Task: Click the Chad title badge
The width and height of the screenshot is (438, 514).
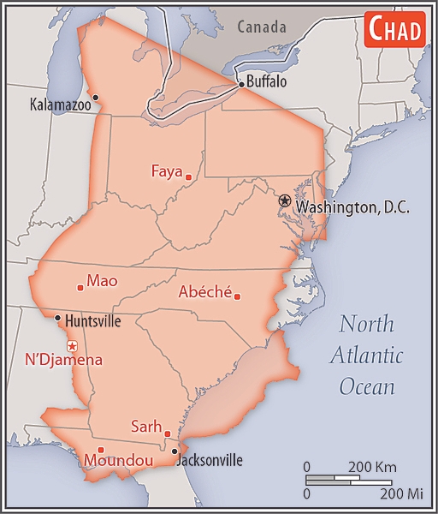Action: (x=395, y=30)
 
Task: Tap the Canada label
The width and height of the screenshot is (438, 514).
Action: (x=262, y=27)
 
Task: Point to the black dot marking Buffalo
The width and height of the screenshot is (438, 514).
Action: (x=240, y=84)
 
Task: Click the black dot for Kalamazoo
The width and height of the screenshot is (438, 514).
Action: (x=95, y=97)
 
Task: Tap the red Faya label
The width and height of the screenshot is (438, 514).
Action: (x=167, y=170)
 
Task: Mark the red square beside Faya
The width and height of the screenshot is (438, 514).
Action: (x=188, y=177)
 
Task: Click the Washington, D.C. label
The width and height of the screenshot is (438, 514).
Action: (x=352, y=207)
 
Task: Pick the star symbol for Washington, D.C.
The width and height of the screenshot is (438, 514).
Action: (x=284, y=200)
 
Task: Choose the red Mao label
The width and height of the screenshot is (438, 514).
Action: (x=102, y=281)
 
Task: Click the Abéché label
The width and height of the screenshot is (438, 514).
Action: (x=204, y=292)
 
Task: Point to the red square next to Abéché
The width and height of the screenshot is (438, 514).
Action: (x=237, y=297)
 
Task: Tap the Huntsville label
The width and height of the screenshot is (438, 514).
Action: (x=92, y=321)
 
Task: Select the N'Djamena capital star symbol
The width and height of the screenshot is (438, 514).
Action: (x=73, y=345)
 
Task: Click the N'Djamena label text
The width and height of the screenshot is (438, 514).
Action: (x=64, y=360)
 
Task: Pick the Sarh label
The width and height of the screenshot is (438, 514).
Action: (x=145, y=426)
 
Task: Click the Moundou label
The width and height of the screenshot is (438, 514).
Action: (x=118, y=461)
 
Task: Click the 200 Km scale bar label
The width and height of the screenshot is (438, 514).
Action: (x=370, y=467)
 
